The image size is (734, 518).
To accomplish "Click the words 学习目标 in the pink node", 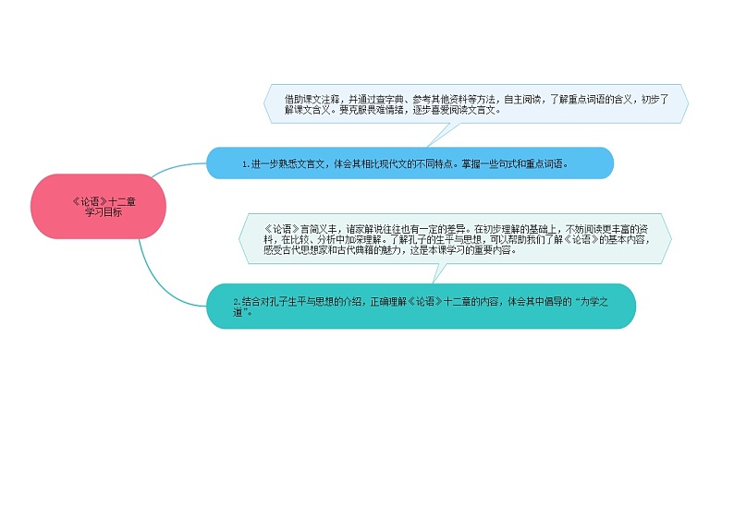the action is point(104,211).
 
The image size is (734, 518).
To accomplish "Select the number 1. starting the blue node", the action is point(246,164).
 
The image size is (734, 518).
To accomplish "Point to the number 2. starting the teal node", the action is point(237,301).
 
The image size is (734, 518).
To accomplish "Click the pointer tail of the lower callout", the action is point(438,273).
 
